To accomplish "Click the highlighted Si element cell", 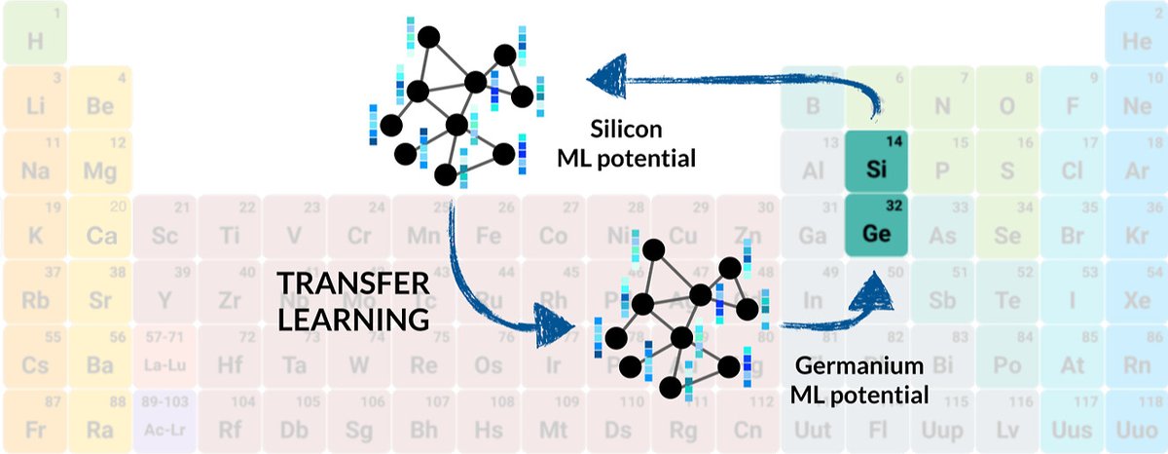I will pos(877,162).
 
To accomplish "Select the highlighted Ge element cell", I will pos(877,225).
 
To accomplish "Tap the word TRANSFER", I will pos(352,283).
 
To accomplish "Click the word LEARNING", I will pos(352,318).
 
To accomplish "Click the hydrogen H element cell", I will pos(35,34).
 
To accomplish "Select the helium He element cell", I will pos(1136,34).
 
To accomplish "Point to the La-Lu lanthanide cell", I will pos(164,357).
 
